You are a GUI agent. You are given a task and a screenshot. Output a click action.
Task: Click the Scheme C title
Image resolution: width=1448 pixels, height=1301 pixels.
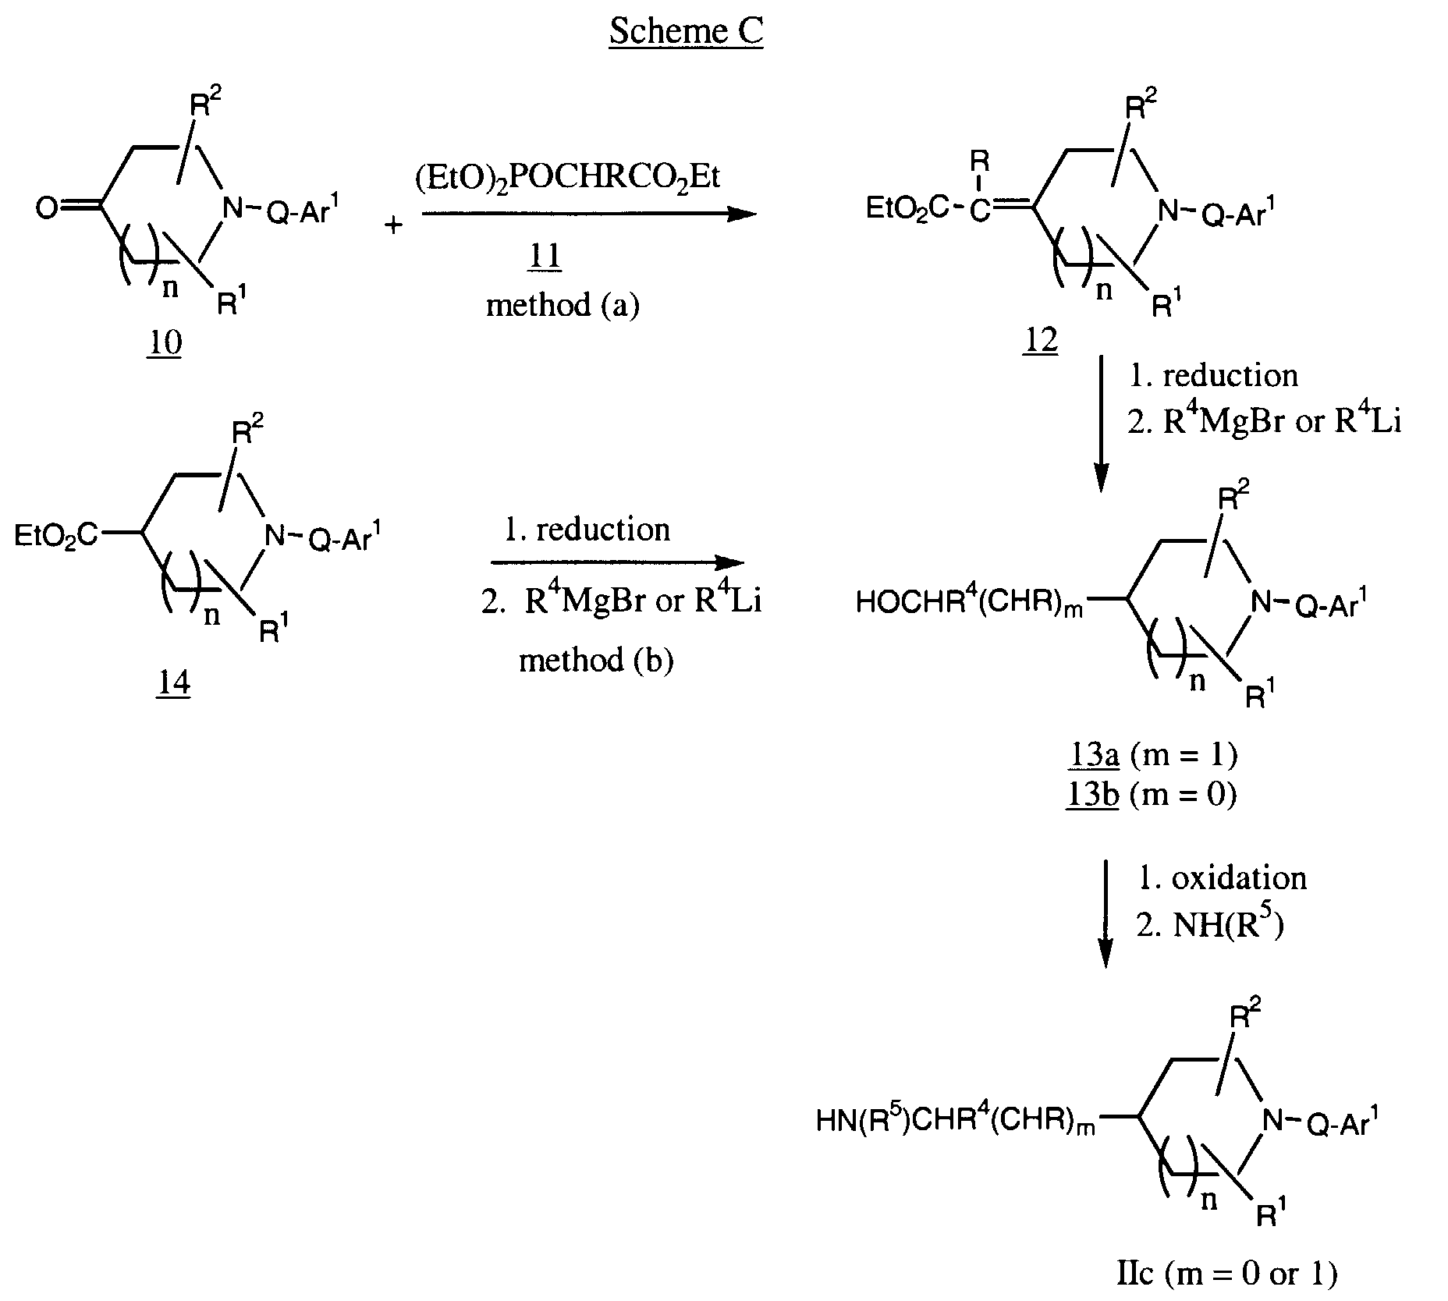[686, 31]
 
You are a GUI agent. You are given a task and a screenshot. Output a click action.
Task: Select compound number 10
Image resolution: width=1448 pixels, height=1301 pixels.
[164, 342]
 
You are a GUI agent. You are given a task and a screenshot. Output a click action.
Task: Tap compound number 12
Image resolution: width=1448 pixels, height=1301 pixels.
[1040, 340]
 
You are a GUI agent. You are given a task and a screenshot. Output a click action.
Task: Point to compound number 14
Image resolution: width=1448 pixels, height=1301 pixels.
[173, 683]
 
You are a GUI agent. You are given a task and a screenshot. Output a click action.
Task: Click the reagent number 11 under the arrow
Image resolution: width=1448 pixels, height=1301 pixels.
[545, 257]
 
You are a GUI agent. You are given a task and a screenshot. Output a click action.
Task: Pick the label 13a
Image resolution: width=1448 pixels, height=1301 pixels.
[1094, 754]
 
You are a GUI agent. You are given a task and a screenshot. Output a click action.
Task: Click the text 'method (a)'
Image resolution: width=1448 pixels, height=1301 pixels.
[563, 305]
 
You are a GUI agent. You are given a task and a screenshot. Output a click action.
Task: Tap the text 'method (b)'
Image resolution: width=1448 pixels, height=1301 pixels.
[596, 661]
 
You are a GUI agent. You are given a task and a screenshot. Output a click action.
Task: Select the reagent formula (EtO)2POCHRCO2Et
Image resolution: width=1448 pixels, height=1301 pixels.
[567, 177]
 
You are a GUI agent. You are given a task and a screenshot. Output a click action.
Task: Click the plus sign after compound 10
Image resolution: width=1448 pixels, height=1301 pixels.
[394, 226]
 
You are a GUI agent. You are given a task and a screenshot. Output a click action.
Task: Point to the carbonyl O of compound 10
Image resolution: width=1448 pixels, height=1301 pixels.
[46, 209]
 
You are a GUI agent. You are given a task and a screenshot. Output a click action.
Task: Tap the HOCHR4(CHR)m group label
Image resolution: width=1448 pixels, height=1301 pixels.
[970, 602]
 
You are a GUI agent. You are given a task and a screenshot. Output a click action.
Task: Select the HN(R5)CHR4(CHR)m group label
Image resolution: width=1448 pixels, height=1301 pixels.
[955, 1121]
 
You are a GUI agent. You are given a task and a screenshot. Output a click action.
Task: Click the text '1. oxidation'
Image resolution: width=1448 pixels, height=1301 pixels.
[1222, 878]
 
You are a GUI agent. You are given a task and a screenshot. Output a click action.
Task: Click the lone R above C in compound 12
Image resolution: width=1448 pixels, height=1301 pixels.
[979, 162]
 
